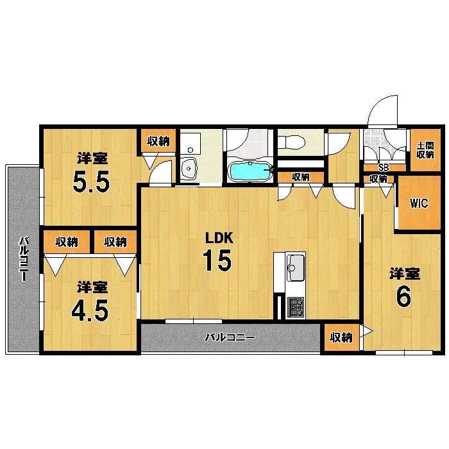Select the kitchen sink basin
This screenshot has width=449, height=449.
[x=296, y=267]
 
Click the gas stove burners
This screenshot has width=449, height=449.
[x=296, y=307]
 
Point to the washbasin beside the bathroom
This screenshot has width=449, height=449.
[x=189, y=168]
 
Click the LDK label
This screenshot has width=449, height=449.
[x=219, y=238]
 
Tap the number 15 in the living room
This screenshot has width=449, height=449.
[x=217, y=260]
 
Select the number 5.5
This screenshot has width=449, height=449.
[x=91, y=182]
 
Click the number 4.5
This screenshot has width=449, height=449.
[x=90, y=310]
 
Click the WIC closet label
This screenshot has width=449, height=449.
[x=419, y=203]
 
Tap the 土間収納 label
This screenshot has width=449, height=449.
[x=425, y=150]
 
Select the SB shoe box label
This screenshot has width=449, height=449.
[x=384, y=168]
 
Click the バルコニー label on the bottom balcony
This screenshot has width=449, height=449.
[x=230, y=337]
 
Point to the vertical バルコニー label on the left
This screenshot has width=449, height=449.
[x=24, y=258]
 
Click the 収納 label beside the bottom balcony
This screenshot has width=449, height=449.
[x=341, y=338]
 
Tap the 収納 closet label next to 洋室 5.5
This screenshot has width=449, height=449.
[x=158, y=141]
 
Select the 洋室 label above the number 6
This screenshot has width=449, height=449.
[x=404, y=274]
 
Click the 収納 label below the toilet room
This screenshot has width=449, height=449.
[x=301, y=177]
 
